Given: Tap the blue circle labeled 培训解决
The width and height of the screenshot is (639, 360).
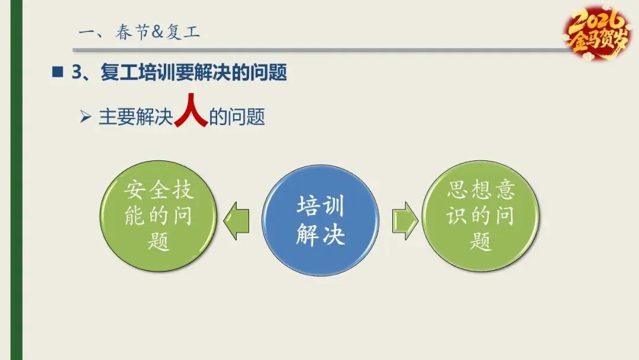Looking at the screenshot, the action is tap(320, 220).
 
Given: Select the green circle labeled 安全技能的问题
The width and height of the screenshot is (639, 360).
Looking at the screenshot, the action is tap(159, 217).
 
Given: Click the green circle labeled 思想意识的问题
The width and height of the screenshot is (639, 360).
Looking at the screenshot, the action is tap(481, 217).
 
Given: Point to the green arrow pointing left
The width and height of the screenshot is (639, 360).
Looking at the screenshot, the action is tap(236, 220).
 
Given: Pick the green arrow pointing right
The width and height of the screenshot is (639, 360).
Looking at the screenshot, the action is tap(404, 220).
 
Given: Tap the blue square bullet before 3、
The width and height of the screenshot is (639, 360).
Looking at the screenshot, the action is tap(57, 73).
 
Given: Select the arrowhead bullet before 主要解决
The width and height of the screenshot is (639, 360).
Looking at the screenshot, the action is tap(86, 117).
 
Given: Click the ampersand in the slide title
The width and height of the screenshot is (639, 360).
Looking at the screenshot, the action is tap(157, 32).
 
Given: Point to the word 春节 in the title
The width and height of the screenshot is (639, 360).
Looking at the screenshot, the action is tap(130, 32).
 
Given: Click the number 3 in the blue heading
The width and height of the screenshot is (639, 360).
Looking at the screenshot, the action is tap(76, 73).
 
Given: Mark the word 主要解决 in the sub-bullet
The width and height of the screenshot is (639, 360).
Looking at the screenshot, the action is tap(135, 117).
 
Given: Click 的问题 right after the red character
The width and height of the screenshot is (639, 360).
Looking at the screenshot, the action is tap(237, 117).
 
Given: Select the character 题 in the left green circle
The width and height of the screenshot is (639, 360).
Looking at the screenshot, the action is tap(159, 242).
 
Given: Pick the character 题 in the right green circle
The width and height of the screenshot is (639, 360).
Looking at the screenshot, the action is tap(481, 242).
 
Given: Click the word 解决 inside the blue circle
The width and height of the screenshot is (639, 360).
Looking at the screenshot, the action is tap(320, 235).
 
